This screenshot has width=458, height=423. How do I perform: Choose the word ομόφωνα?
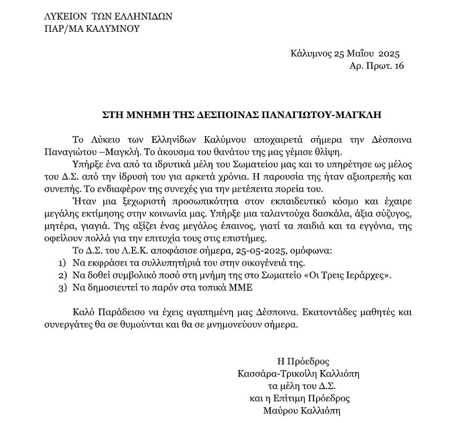coord(270,250)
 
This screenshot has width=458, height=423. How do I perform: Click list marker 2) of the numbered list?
coord(62,275)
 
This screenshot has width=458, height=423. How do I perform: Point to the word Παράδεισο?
coord(118,313)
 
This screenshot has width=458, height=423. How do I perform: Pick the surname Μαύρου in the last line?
coord(280,411)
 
